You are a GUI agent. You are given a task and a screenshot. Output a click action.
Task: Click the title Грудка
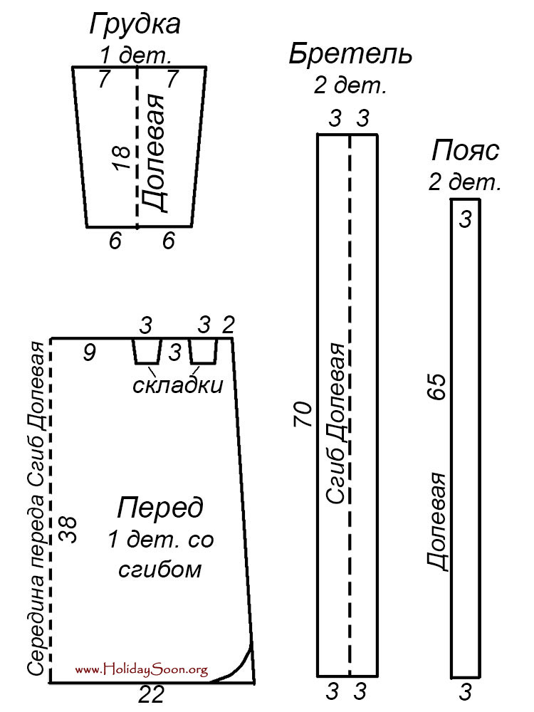point(135,26)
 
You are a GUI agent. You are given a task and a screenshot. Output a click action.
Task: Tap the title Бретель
point(350,55)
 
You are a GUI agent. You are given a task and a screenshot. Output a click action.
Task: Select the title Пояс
point(465,152)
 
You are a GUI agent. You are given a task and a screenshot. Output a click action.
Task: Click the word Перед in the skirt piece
point(160,508)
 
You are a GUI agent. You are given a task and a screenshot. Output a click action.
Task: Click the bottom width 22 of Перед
point(151,694)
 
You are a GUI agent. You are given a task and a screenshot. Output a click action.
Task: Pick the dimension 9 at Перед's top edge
point(89,352)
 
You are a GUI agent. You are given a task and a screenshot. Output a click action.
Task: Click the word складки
point(177,385)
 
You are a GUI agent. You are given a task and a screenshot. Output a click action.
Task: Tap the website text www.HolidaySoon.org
point(142,669)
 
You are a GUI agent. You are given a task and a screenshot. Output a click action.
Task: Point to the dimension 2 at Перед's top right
point(228,325)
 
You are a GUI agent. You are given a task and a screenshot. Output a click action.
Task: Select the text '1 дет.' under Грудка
point(135,55)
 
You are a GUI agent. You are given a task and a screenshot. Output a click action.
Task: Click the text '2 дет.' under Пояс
point(465,182)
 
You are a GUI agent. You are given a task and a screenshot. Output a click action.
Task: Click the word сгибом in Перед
point(160,570)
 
